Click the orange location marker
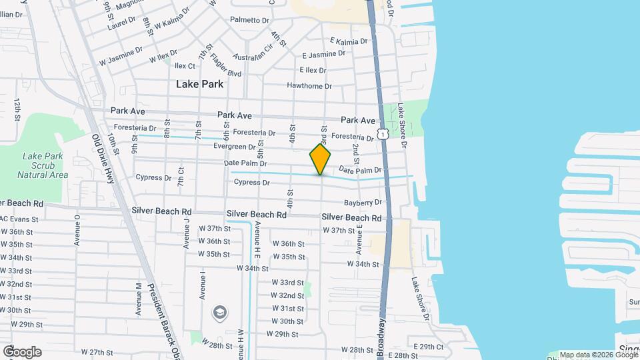(x=321, y=160)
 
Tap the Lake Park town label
(x=199, y=85)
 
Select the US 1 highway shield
(x=383, y=134)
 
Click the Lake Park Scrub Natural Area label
(x=43, y=165)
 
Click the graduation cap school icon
(x=219, y=312)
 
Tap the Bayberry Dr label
(x=363, y=202)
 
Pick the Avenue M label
(x=139, y=299)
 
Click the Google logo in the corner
(x=22, y=351)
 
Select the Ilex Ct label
(x=185, y=66)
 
